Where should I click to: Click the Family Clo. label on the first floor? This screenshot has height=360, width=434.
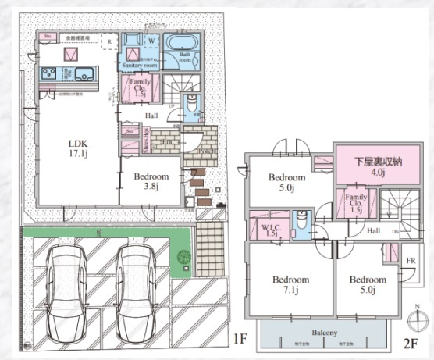tap(141, 87)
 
